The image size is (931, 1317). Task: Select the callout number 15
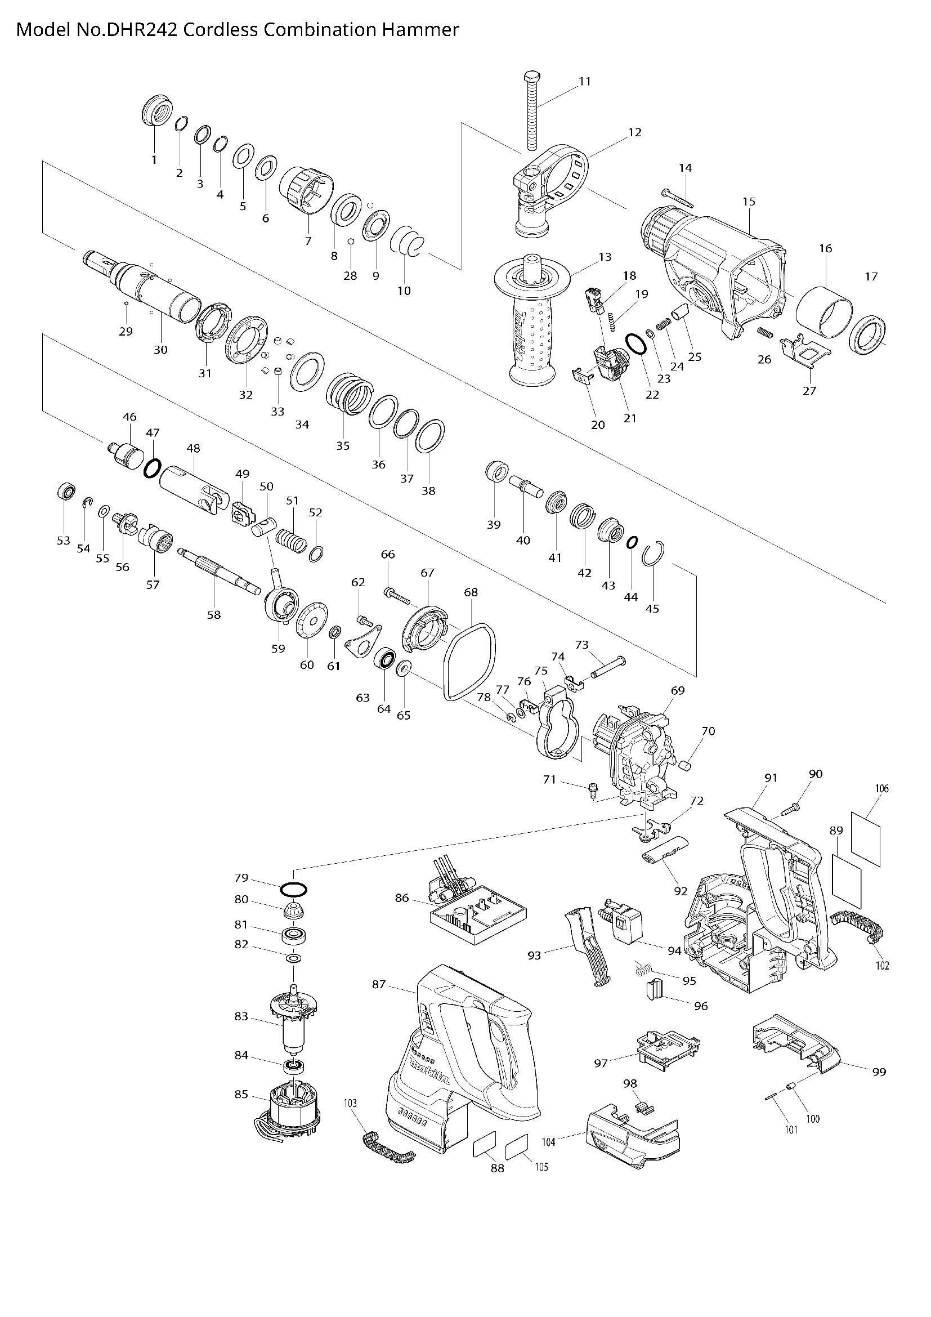click(x=749, y=202)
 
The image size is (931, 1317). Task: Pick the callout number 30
click(x=160, y=349)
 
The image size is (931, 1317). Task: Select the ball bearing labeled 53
click(x=66, y=492)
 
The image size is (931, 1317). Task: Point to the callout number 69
click(x=678, y=691)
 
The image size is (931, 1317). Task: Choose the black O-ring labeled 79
click(x=293, y=890)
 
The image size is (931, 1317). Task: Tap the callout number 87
click(x=379, y=984)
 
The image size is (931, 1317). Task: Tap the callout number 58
click(x=214, y=615)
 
